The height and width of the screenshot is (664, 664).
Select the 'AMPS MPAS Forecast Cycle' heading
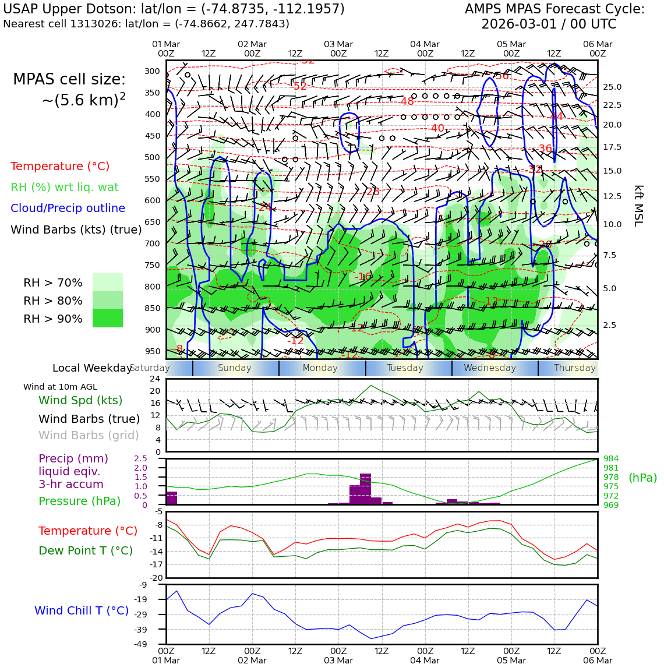coord(554,9)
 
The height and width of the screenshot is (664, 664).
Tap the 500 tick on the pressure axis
coord(152,157)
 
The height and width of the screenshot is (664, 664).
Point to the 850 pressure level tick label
coord(152,308)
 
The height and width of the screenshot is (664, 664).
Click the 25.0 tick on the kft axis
coord(612,87)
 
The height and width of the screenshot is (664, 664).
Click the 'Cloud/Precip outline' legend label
coord(68,209)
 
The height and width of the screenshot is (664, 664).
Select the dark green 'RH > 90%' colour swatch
coord(108,318)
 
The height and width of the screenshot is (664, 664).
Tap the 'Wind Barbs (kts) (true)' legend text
coord(76,230)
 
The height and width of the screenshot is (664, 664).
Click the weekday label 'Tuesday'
coord(405,368)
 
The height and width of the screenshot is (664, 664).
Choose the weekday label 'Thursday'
coord(574,368)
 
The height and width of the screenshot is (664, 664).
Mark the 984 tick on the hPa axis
coord(611,459)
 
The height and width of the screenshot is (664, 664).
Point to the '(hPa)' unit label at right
coord(642,478)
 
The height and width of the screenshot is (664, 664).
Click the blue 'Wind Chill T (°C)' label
coord(82,611)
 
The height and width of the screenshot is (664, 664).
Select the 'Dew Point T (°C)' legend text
coord(86,551)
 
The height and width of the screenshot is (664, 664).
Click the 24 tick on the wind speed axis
coord(155,379)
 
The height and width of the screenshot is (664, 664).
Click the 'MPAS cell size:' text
coord(69,80)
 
